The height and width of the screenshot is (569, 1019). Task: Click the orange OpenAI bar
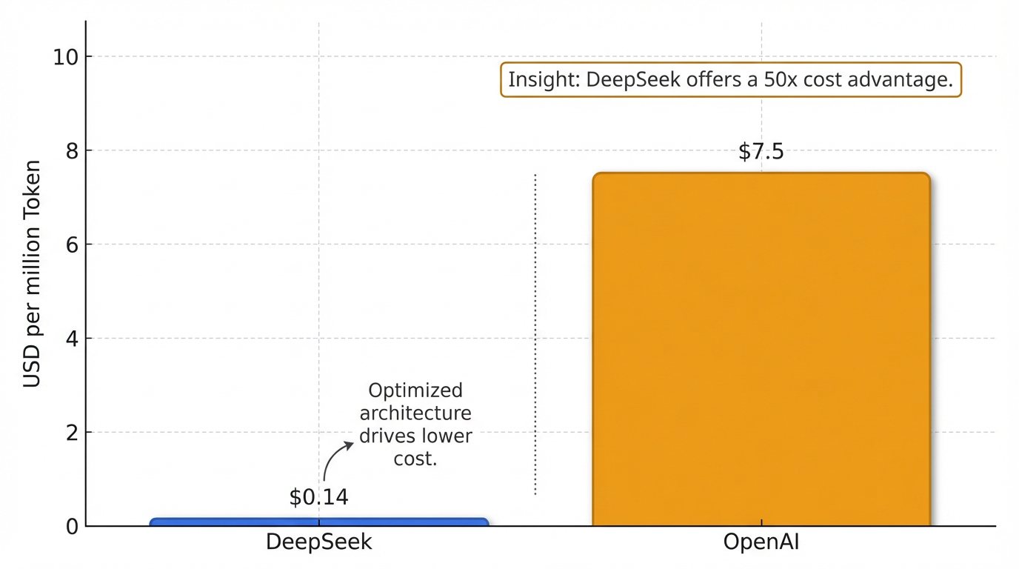(x=761, y=348)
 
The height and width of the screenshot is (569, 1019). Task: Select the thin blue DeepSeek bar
(x=319, y=522)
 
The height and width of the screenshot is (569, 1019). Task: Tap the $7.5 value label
(x=761, y=152)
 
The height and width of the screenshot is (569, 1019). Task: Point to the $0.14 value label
(x=318, y=497)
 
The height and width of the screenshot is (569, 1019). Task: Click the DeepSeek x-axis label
(x=318, y=542)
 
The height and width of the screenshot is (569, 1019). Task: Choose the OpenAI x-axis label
(x=761, y=542)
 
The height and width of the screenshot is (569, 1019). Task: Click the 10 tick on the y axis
(x=67, y=56)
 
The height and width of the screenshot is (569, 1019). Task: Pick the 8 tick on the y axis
(x=73, y=150)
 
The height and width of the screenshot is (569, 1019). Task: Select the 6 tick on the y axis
(x=73, y=244)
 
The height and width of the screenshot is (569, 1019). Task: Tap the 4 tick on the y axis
(x=73, y=339)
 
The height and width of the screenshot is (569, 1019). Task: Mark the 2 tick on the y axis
(x=73, y=433)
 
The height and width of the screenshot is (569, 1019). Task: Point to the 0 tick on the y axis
(x=73, y=527)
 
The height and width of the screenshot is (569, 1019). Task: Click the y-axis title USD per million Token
(x=32, y=274)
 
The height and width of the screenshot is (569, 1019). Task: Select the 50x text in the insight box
(x=779, y=80)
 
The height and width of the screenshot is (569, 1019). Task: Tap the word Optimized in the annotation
(x=415, y=390)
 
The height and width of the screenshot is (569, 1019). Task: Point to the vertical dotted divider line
(x=535, y=333)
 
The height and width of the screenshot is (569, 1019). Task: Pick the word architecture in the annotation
(x=415, y=413)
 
